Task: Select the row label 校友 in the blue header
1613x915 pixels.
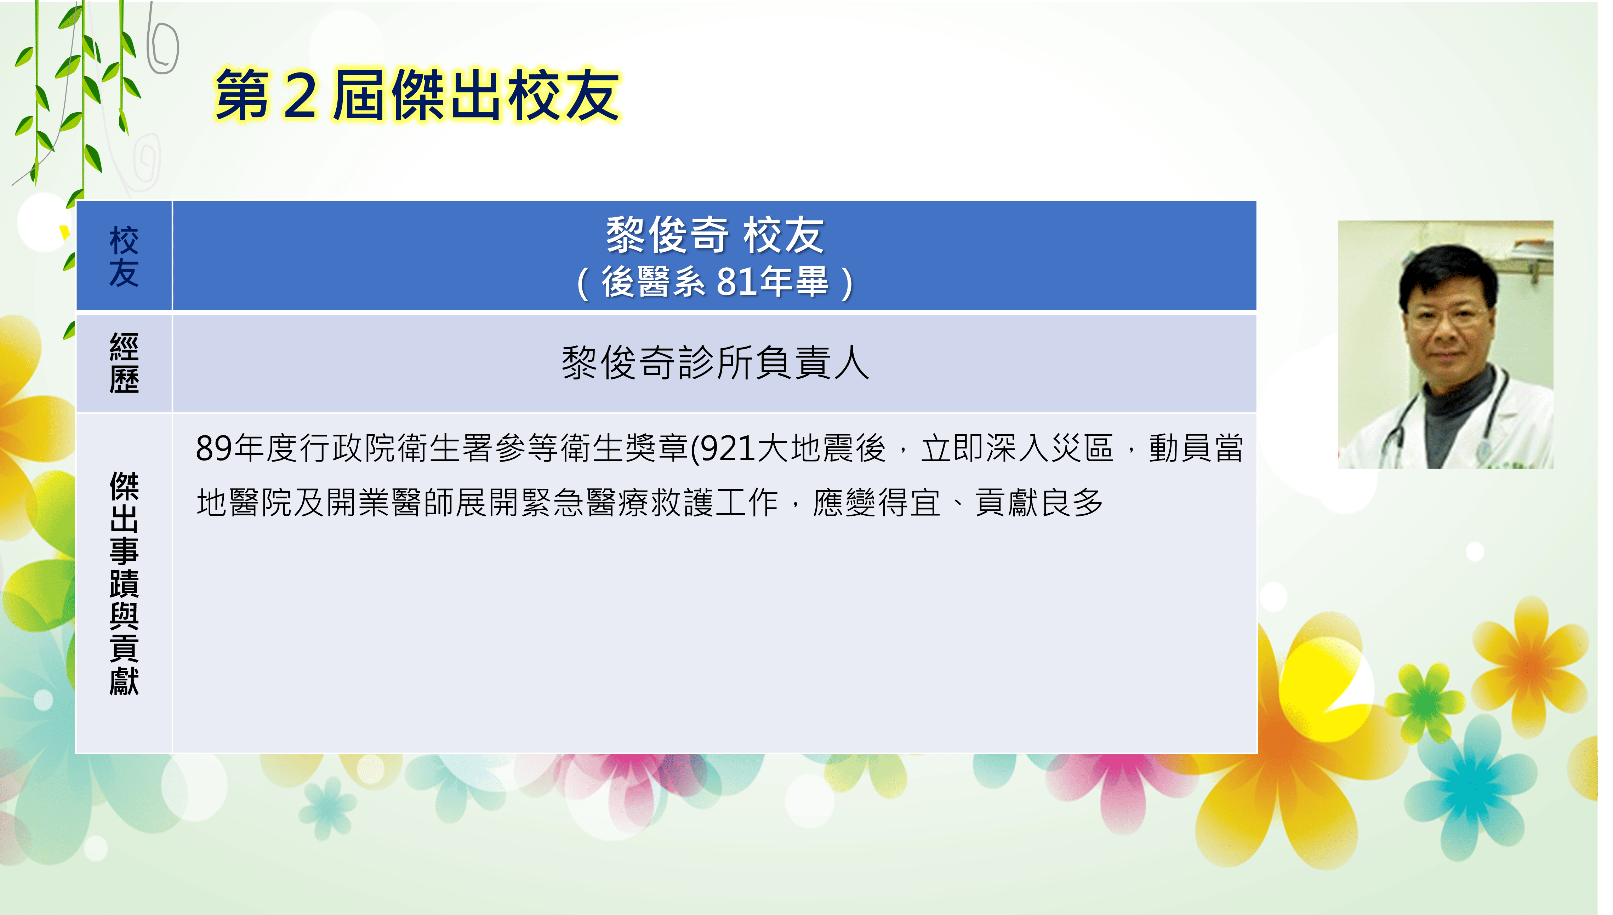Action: click(124, 256)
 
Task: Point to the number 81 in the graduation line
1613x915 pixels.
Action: click(736, 281)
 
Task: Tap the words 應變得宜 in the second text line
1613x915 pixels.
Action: click(877, 503)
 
